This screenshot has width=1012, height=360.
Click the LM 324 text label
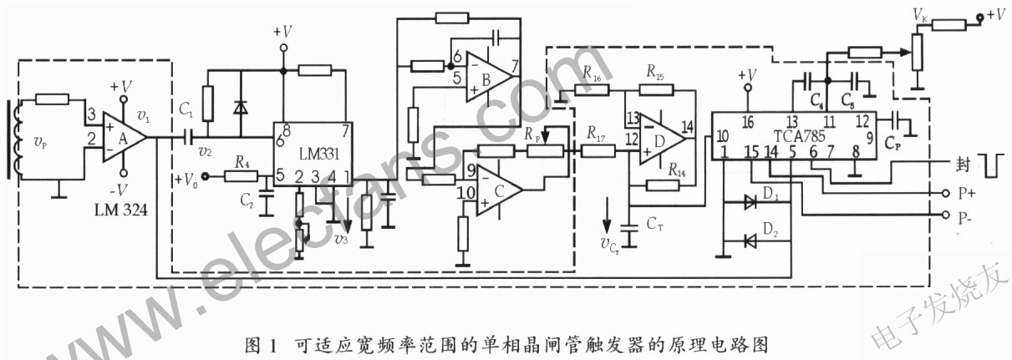click(120, 211)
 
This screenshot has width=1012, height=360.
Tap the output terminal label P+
click(967, 192)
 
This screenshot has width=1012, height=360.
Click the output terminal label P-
click(967, 217)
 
